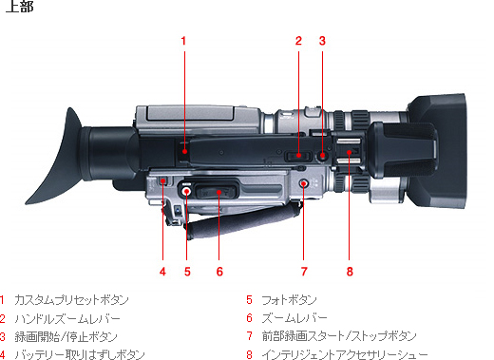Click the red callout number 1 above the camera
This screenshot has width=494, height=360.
pyautogui.click(x=183, y=41)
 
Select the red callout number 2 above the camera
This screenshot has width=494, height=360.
pyautogui.click(x=298, y=41)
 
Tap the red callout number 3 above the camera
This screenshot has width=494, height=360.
pyautogui.click(x=322, y=41)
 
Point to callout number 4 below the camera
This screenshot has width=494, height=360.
pyautogui.click(x=162, y=272)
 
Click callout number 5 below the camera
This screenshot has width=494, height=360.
pyautogui.click(x=187, y=272)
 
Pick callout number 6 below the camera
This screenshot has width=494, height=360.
pyautogui.click(x=219, y=272)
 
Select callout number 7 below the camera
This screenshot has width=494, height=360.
pyautogui.click(x=304, y=272)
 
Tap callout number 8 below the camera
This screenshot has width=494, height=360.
pyautogui.click(x=350, y=272)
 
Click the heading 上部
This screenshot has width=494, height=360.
pyautogui.click(x=20, y=7)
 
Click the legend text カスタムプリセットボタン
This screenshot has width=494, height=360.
pyautogui.click(x=71, y=300)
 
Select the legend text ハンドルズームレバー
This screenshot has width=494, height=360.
pyautogui.click(x=67, y=318)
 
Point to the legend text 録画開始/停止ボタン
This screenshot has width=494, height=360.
pyautogui.click(x=66, y=336)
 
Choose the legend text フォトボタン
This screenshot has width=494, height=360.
pyautogui.click(x=289, y=300)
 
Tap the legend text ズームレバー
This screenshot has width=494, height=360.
pyautogui.click(x=294, y=318)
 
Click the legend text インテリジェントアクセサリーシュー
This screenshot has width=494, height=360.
pyautogui.click(x=345, y=354)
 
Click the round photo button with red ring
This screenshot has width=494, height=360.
pyautogui.click(x=186, y=191)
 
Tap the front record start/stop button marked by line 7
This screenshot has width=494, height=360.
pyautogui.click(x=304, y=183)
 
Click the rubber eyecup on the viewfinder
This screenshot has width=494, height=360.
pyautogui.click(x=54, y=156)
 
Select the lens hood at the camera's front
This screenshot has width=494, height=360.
pyautogui.click(x=437, y=151)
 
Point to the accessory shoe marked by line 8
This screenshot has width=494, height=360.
pyautogui.click(x=349, y=152)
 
